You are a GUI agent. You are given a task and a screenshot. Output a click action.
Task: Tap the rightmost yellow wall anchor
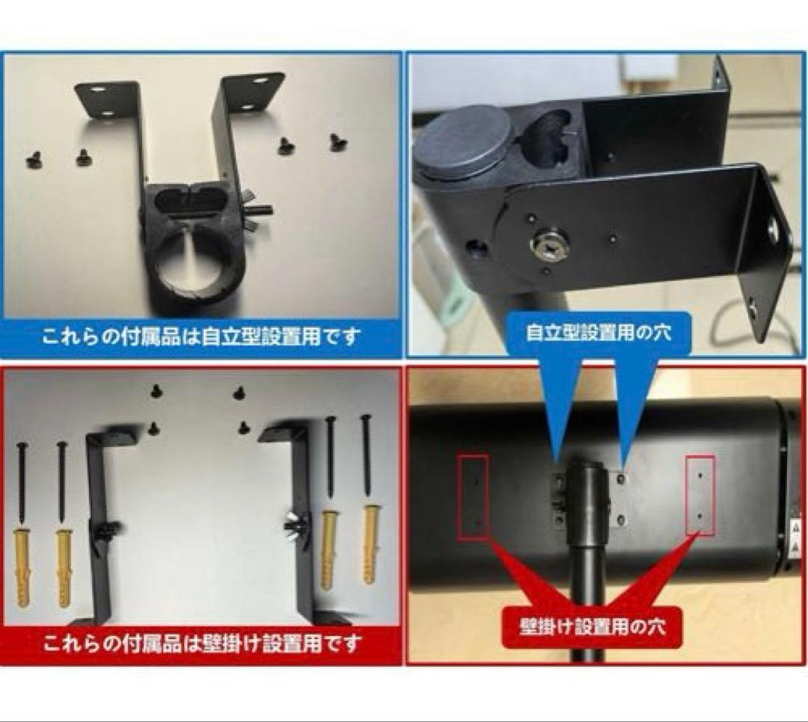click(x=370, y=543)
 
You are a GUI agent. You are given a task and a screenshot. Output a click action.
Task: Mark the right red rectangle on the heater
click(x=700, y=496)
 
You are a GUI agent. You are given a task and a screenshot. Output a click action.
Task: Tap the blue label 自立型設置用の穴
click(x=598, y=332)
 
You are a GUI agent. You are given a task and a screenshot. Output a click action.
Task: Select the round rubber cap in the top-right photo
click(x=464, y=141)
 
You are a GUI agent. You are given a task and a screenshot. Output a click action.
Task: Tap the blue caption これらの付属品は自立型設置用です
click(x=201, y=336)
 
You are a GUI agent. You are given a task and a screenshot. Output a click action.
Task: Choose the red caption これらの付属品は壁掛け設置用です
click(x=202, y=643)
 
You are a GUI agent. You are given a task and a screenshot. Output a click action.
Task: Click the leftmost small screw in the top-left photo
click(x=34, y=158)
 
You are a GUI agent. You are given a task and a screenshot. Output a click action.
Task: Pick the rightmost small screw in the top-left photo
click(x=338, y=141)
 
